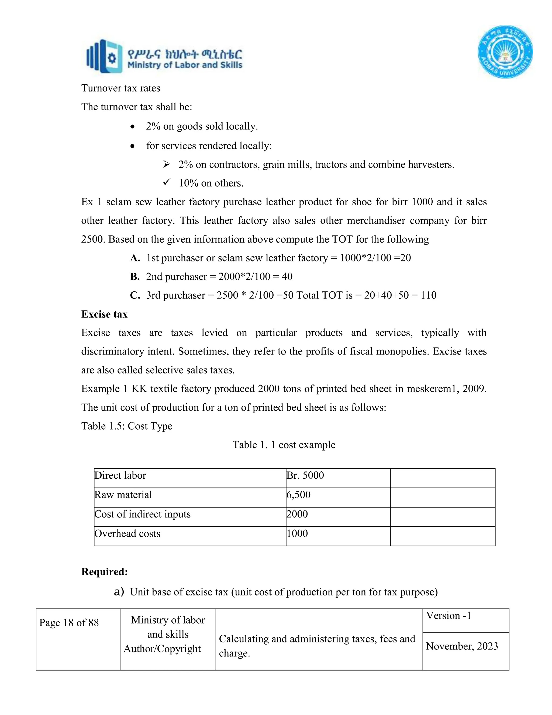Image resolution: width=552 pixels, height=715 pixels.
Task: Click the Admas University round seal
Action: tap(505, 52)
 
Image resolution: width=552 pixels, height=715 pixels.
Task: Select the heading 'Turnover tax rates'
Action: tap(121, 88)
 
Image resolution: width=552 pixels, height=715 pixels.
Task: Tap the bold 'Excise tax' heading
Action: tap(104, 314)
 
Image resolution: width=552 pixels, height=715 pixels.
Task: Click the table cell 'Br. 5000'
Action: tap(305, 475)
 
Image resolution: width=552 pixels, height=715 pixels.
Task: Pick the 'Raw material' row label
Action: tap(123, 495)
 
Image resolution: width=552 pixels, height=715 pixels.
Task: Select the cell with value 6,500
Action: tap(299, 495)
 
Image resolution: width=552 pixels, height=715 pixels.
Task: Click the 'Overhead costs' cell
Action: tap(127, 534)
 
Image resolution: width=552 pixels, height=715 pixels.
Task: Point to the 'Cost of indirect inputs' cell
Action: tap(143, 514)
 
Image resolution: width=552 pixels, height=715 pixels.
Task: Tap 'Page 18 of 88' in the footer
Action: tap(69, 623)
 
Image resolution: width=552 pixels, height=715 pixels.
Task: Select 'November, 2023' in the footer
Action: tap(462, 646)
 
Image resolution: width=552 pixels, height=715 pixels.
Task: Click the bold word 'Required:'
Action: tap(104, 572)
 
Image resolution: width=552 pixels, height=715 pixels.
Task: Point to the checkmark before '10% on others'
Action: tap(167, 182)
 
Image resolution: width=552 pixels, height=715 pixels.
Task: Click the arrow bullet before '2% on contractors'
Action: tap(167, 164)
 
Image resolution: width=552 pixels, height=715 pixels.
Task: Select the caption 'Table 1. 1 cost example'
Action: tap(284, 445)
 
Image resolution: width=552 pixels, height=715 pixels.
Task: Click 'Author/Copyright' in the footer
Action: tap(162, 649)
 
